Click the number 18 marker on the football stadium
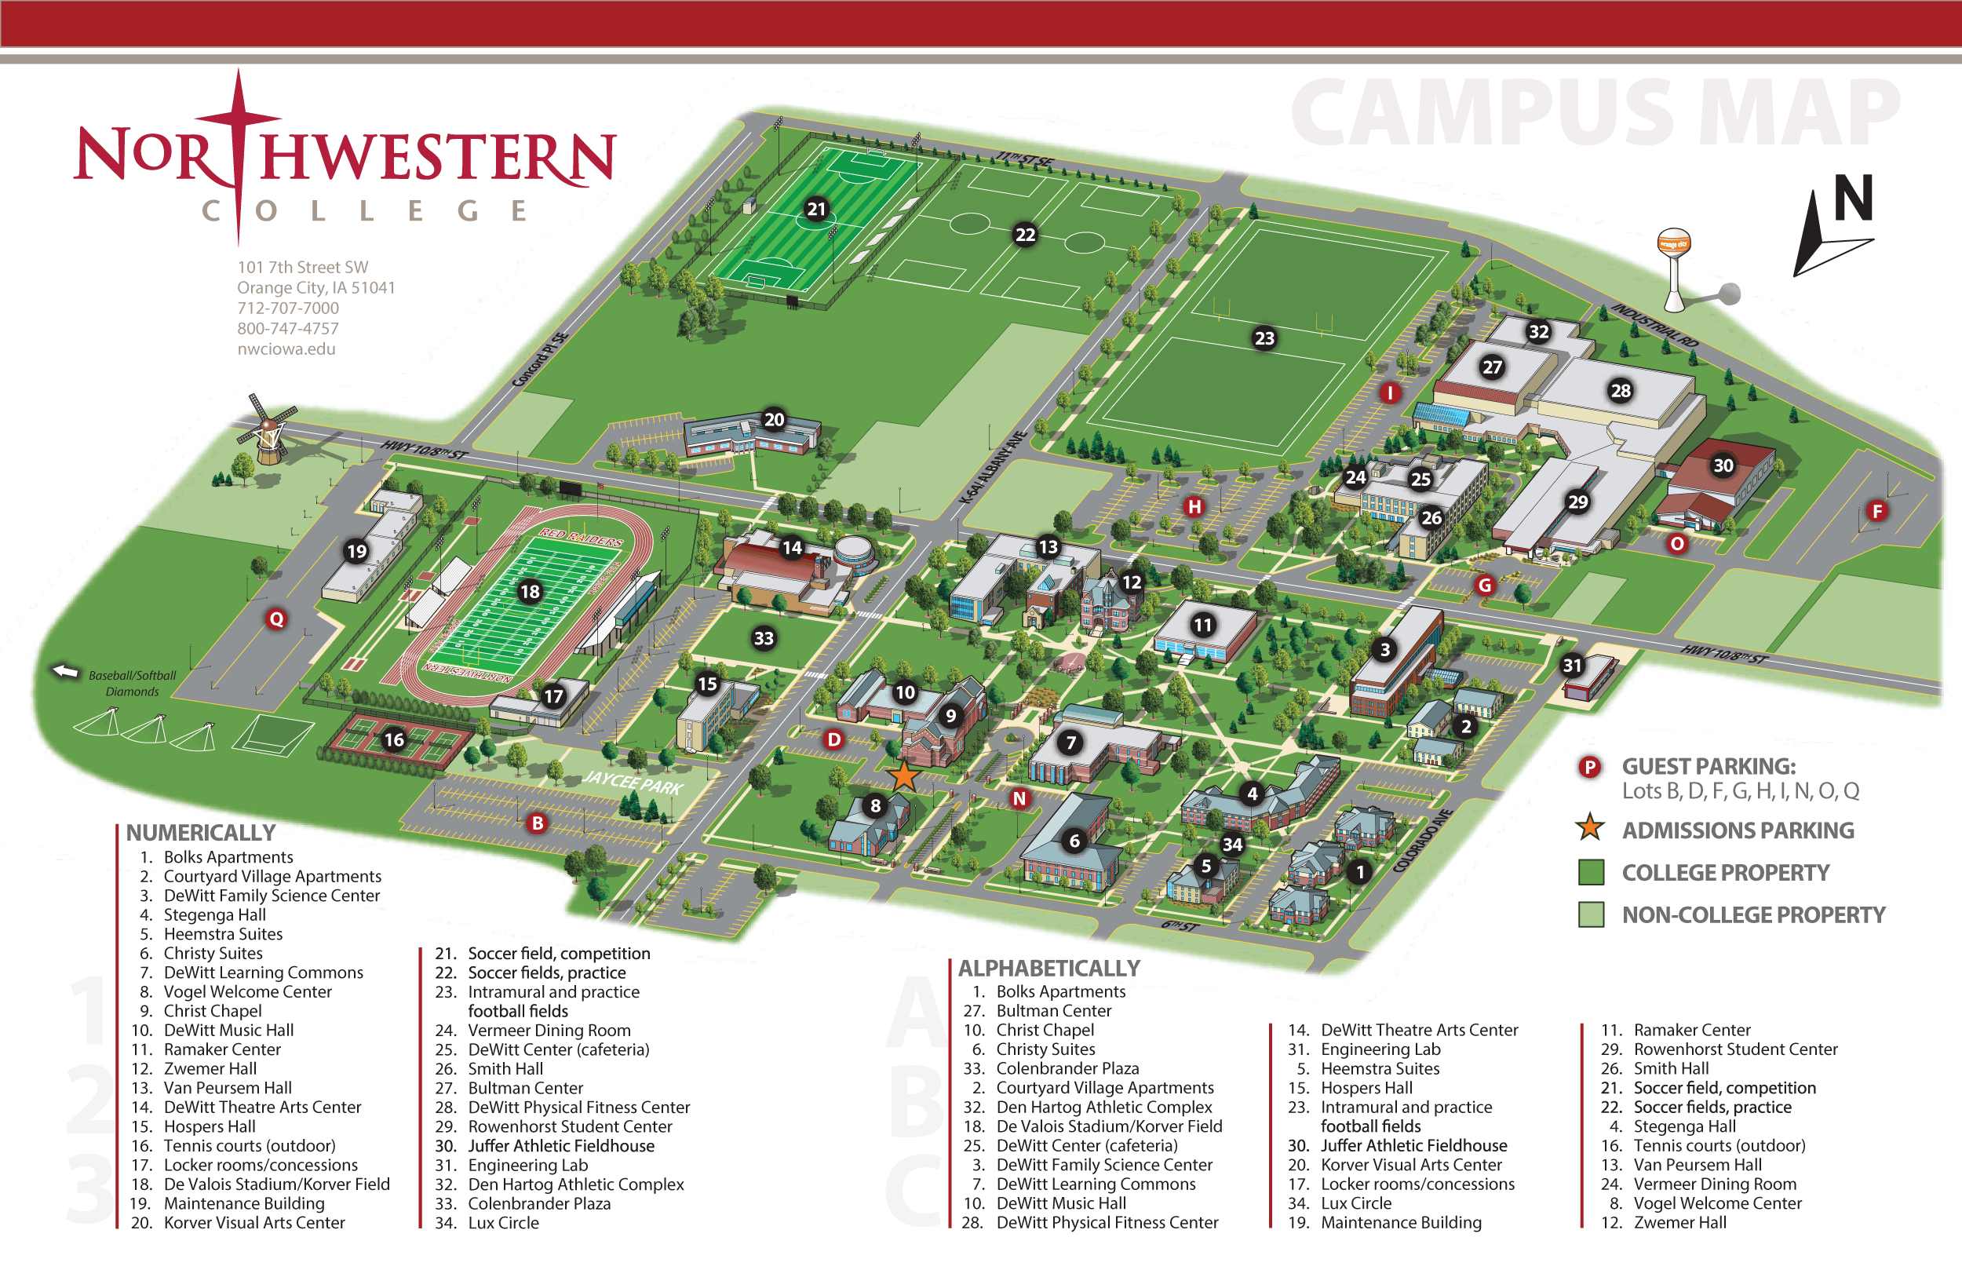tap(529, 591)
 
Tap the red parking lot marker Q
tap(276, 619)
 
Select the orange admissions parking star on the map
tap(903, 776)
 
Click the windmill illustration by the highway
tap(268, 429)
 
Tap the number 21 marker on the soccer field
tap(816, 209)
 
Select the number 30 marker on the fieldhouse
tap(1723, 465)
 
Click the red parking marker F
tap(1877, 510)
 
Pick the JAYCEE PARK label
tap(633, 782)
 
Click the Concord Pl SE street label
tap(540, 359)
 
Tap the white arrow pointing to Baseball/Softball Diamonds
tap(65, 670)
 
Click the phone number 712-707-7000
tap(288, 308)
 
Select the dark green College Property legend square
tap(1590, 872)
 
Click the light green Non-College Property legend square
tap(1590, 914)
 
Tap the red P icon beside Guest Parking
tap(1588, 767)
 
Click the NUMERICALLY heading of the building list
tap(200, 832)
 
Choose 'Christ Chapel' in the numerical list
tap(212, 1010)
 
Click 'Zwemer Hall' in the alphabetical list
tap(1679, 1222)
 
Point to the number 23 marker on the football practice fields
tap(1264, 338)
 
